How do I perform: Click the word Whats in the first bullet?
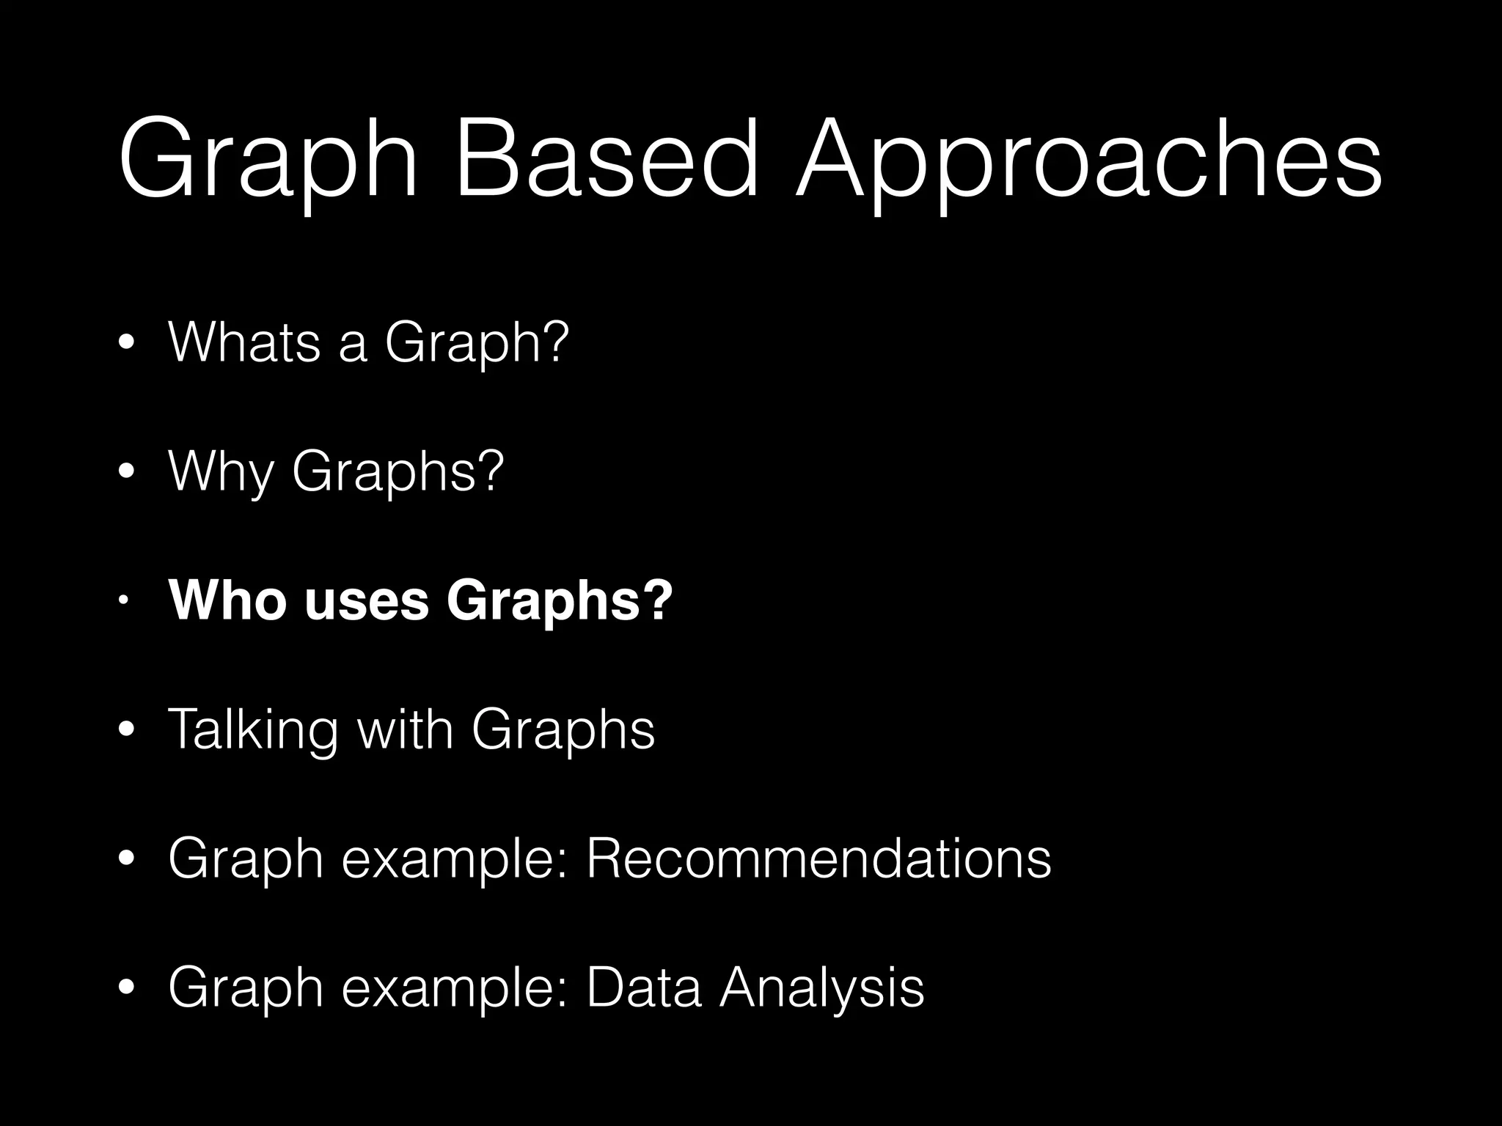(244, 342)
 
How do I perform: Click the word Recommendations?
(818, 858)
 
